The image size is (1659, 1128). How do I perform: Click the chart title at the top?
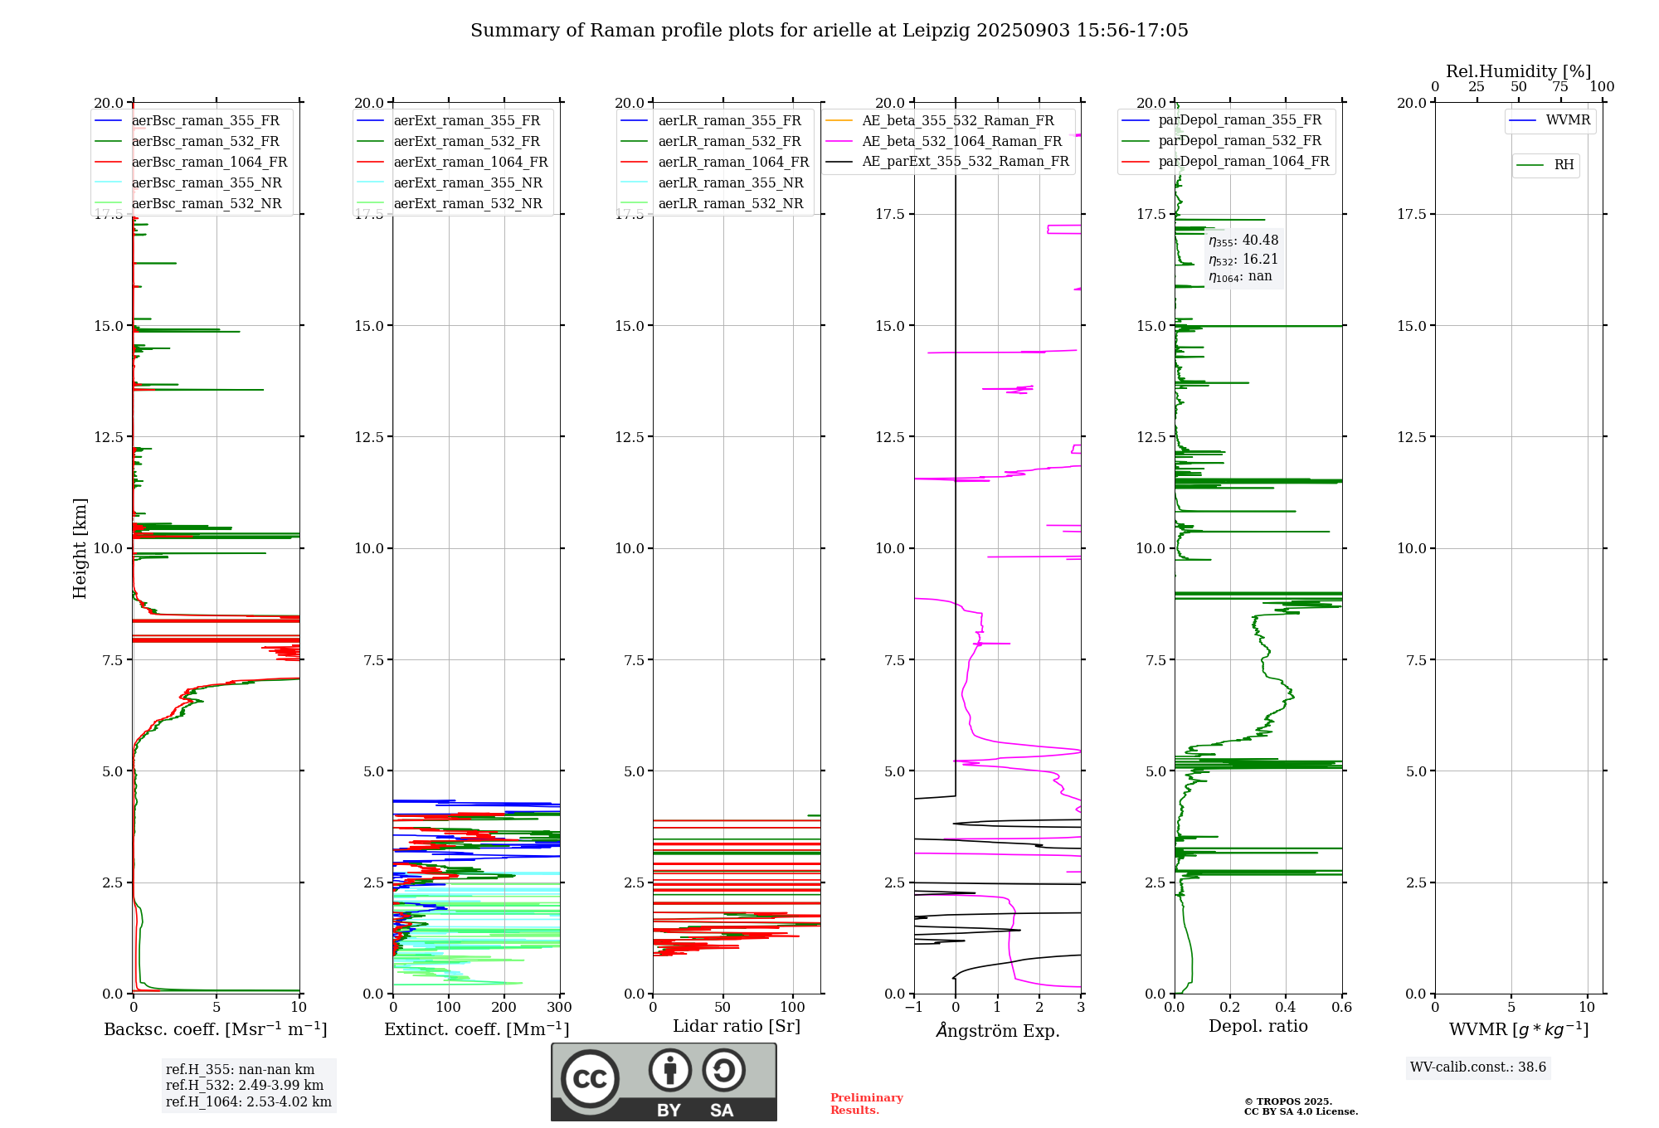pyautogui.click(x=829, y=31)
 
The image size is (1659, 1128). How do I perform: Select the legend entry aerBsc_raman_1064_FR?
pyautogui.click(x=209, y=163)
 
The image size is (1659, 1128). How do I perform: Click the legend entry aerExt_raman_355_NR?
pyautogui.click(x=468, y=183)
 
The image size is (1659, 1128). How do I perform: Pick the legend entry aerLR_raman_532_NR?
pyautogui.click(x=730, y=204)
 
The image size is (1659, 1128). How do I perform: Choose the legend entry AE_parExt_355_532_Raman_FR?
pyautogui.click(x=965, y=162)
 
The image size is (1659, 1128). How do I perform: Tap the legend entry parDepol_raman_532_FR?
pyautogui.click(x=1239, y=141)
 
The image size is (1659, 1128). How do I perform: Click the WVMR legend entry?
pyautogui.click(x=1568, y=120)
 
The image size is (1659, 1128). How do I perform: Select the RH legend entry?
pyautogui.click(x=1564, y=165)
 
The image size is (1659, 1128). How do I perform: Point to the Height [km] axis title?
pyautogui.click(x=80, y=548)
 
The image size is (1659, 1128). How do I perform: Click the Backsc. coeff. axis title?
pyautogui.click(x=216, y=1029)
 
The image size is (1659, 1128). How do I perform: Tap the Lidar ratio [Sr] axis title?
pyautogui.click(x=737, y=1027)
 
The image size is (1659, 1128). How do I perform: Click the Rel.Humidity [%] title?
pyautogui.click(x=1518, y=71)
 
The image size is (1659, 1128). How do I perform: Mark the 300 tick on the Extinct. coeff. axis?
pyautogui.click(x=560, y=1008)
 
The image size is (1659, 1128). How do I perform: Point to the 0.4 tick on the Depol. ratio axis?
pyautogui.click(x=1286, y=1008)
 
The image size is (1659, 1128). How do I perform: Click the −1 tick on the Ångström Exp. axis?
pyautogui.click(x=914, y=1008)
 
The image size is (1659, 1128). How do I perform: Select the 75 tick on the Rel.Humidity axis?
pyautogui.click(x=1560, y=87)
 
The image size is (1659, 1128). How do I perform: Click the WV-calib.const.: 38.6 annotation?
pyautogui.click(x=1478, y=1067)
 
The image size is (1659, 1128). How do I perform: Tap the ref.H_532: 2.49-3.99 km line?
pyautogui.click(x=245, y=1086)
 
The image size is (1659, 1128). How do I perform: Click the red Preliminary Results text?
pyautogui.click(x=866, y=1104)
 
